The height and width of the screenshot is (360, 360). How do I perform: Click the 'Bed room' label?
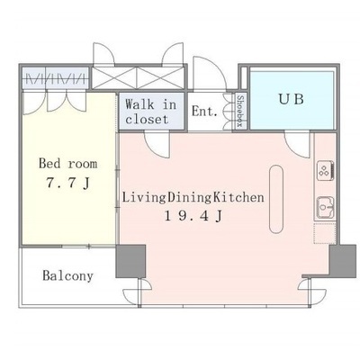(68, 164)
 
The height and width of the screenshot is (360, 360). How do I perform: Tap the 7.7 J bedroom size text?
(68, 183)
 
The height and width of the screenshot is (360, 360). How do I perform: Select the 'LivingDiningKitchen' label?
(193, 198)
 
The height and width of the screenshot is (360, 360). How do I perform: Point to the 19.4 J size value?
(193, 216)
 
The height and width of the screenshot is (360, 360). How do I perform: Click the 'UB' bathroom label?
(292, 99)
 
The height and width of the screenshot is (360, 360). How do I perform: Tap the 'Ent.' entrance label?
(204, 112)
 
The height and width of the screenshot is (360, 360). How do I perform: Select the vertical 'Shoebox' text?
(239, 111)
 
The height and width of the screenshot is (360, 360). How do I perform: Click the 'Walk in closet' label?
(151, 112)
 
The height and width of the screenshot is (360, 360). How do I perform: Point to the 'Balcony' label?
(67, 275)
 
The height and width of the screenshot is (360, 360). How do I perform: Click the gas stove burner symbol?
(325, 170)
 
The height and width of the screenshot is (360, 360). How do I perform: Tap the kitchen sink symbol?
(325, 207)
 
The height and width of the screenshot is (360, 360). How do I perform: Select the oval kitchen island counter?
(276, 199)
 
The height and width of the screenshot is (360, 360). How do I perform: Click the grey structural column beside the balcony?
(130, 261)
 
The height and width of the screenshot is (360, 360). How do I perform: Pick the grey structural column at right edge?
(342, 261)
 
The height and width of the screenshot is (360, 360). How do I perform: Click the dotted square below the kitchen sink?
(325, 233)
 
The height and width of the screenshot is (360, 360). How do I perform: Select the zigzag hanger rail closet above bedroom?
(56, 78)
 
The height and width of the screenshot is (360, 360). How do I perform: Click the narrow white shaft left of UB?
(244, 78)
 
